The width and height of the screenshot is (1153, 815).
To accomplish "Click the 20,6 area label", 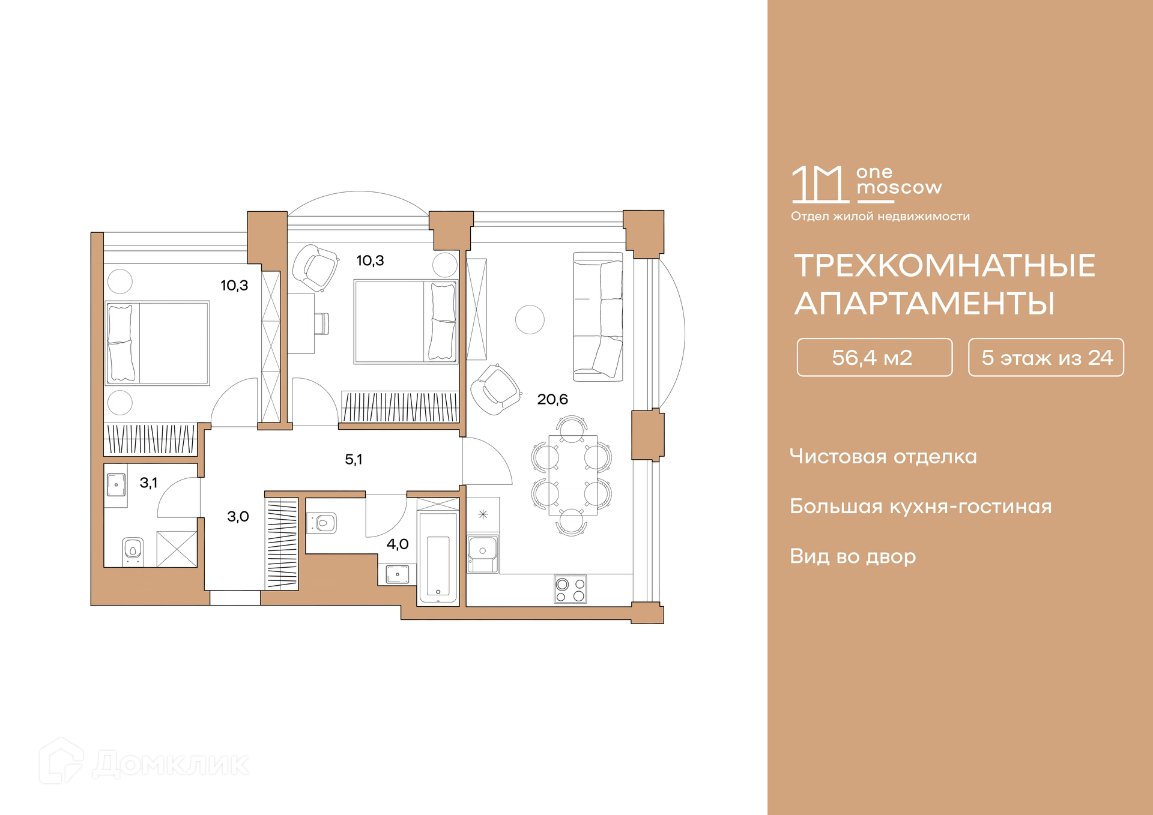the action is point(552,399).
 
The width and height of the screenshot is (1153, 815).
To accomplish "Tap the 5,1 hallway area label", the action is point(354,459).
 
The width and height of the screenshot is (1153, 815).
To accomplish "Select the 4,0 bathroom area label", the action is point(398,544).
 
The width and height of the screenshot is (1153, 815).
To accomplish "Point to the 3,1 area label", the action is point(148,483).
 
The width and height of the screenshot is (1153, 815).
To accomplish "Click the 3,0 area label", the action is point(238,516).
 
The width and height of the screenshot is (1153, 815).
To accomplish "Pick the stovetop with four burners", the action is point(570,589).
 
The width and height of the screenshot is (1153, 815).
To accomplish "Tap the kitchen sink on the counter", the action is point(483,552).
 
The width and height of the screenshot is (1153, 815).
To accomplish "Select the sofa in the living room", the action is point(598,317).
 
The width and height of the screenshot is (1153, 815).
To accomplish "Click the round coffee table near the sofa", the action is point(530,319).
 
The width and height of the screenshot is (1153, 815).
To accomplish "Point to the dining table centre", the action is point(572,475).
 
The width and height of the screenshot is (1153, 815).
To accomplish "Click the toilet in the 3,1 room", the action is point(133,550).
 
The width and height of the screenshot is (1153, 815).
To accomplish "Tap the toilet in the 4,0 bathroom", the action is point(322,522).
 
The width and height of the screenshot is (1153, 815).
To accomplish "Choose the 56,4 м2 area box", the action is point(874,357).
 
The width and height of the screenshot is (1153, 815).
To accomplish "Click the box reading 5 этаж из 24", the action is point(1046,357).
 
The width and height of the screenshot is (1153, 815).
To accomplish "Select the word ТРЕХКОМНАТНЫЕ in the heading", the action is point(945,265).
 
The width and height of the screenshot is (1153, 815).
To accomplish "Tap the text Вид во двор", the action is point(853,556).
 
